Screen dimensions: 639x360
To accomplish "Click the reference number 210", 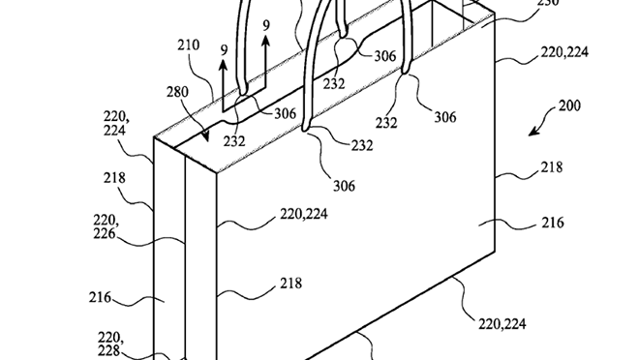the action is point(188,45).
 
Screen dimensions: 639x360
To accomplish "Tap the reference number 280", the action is point(177,92).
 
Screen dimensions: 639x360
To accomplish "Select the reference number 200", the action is point(569,105).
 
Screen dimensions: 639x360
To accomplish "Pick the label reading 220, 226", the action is point(106,226).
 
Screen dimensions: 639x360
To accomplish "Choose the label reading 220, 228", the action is point(110,344).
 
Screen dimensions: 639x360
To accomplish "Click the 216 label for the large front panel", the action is point(553,223).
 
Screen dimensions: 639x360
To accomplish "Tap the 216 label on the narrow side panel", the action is point(100,297).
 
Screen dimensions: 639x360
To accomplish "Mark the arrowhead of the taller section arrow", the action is point(265,41).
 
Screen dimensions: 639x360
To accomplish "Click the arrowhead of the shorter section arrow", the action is point(224,65).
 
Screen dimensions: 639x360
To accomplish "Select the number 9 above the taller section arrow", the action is point(266,26).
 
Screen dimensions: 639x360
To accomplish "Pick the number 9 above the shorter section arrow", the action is point(224,50).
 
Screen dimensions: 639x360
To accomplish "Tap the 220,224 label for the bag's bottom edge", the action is point(502,324).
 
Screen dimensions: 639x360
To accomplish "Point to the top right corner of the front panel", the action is point(495,14).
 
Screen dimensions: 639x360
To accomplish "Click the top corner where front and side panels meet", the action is point(217,173).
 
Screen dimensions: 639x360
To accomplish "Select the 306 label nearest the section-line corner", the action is point(285,113).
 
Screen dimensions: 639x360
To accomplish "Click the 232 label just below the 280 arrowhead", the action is point(234,141).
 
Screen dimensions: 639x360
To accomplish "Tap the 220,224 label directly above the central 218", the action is point(304,214).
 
